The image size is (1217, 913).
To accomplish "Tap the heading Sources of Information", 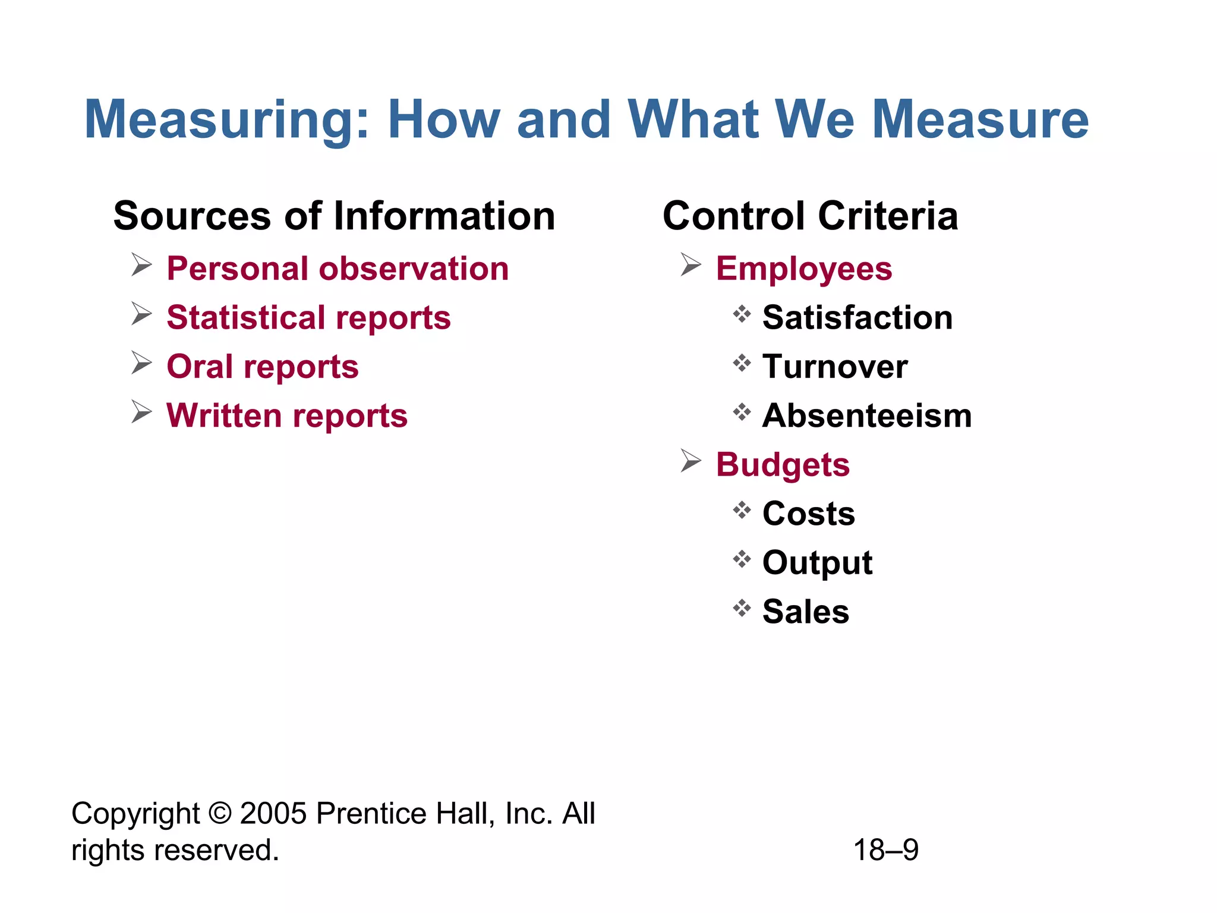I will pyautogui.click(x=334, y=216).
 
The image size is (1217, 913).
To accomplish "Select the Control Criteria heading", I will pyautogui.click(x=810, y=216).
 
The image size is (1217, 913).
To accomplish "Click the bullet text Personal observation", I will pyautogui.click(x=338, y=269).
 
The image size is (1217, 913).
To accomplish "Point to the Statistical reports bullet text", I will pyautogui.click(x=308, y=317).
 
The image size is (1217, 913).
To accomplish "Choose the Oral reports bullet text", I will pyautogui.click(x=263, y=366).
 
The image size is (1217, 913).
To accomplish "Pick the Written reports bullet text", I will pyautogui.click(x=287, y=415).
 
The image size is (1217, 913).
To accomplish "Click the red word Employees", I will pyautogui.click(x=803, y=269).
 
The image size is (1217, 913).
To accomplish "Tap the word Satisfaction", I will pyautogui.click(x=857, y=317).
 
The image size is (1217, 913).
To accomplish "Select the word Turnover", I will pyautogui.click(x=835, y=366).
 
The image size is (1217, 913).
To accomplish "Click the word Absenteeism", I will pyautogui.click(x=867, y=415).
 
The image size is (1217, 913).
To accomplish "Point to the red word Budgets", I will pyautogui.click(x=783, y=465).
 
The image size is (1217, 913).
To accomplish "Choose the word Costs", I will pyautogui.click(x=808, y=514).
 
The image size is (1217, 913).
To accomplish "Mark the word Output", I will pyautogui.click(x=817, y=563).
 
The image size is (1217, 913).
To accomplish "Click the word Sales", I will pyautogui.click(x=806, y=612).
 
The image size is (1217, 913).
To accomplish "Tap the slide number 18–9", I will pyautogui.click(x=885, y=850).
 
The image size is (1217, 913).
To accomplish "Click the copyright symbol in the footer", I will pyautogui.click(x=220, y=814).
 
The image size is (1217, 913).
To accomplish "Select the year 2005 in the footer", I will pyautogui.click(x=274, y=814).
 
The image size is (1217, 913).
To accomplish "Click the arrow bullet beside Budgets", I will pyautogui.click(x=691, y=461).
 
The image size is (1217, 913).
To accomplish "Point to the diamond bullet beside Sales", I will pyautogui.click(x=742, y=608).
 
